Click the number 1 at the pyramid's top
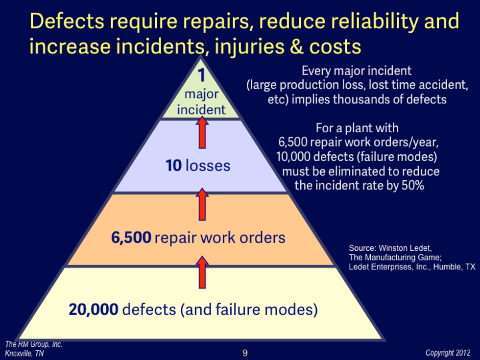pos(201,76)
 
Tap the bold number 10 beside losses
pos(173,166)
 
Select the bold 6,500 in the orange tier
pos(132,238)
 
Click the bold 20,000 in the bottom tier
pos(93,310)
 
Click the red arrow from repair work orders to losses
pos(201,204)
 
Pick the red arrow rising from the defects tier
pos(201,273)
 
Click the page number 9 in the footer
pos(245,353)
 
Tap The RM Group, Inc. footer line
pos(33,344)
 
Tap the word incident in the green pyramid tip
pos(201,110)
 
